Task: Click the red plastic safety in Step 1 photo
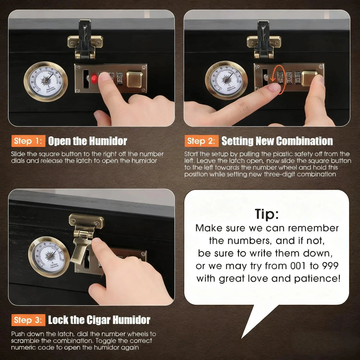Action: [x=94, y=79]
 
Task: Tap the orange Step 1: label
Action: [x=28, y=141]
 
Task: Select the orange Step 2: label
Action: [x=202, y=141]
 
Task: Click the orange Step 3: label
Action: [x=28, y=320]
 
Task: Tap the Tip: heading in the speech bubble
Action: [x=266, y=215]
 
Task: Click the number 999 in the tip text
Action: [x=330, y=266]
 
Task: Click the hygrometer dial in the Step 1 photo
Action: [x=46, y=82]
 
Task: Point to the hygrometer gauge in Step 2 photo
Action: [x=226, y=80]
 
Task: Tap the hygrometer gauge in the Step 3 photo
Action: [x=49, y=257]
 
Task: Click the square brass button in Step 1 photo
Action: [x=134, y=79]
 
